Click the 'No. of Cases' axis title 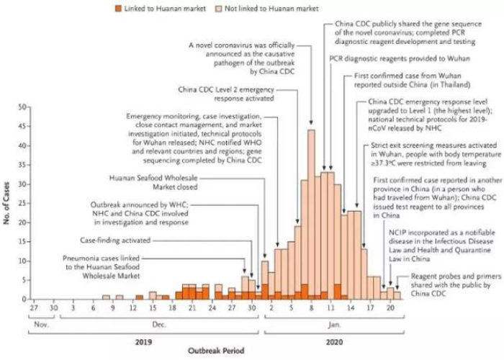pyautogui.click(x=8, y=204)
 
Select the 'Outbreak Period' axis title pyautogui.click(x=216, y=351)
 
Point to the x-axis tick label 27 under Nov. pyautogui.click(x=33, y=309)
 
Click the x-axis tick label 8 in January pyautogui.click(x=311, y=309)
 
